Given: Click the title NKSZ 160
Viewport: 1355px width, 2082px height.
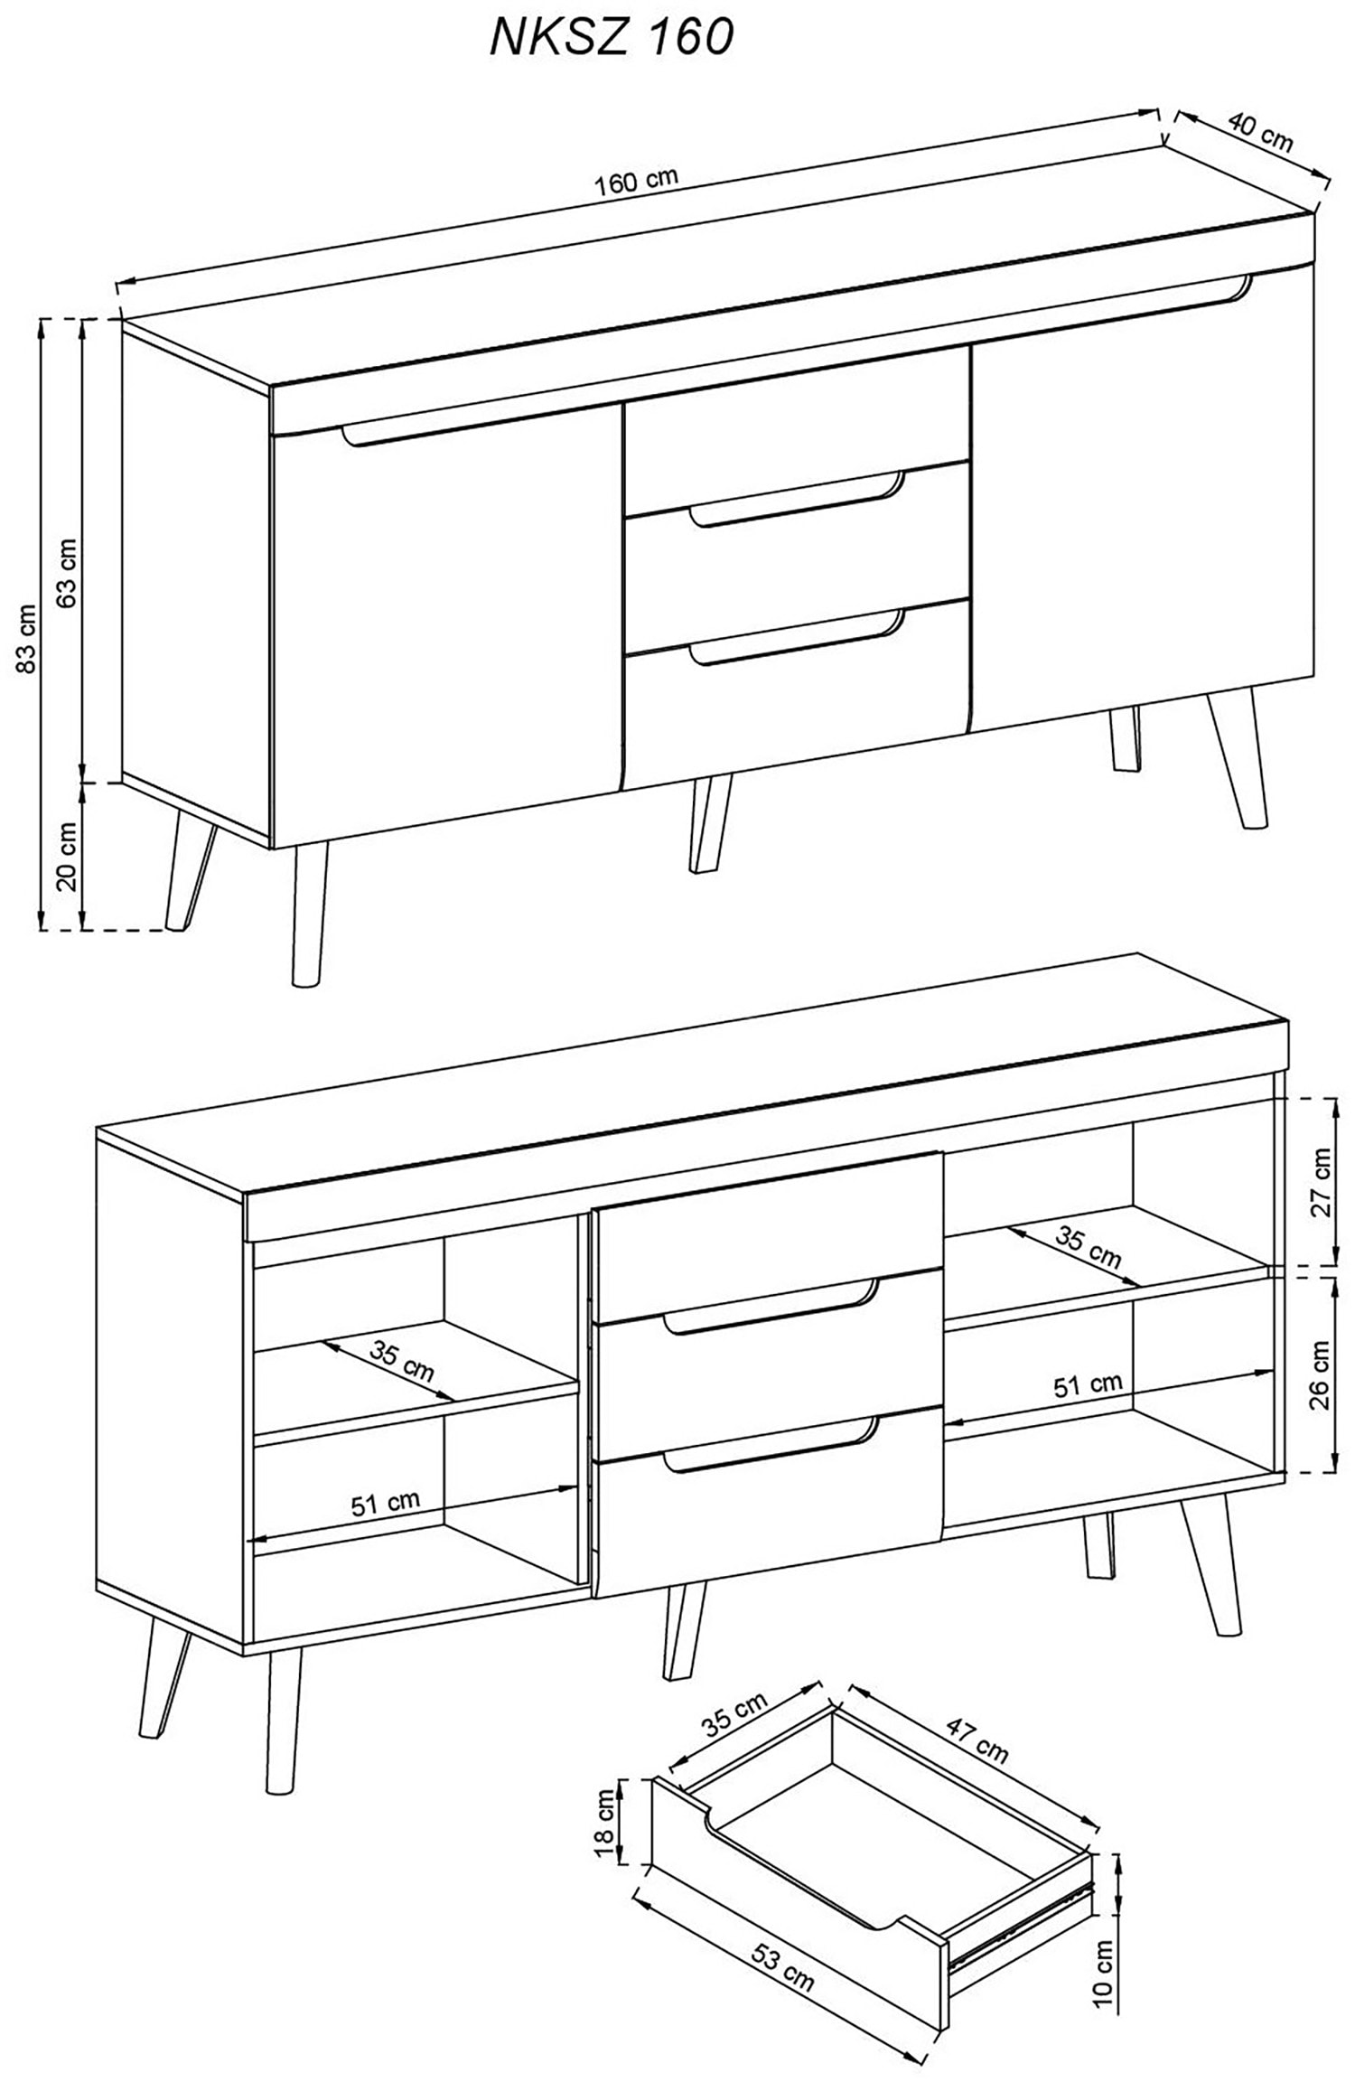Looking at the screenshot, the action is click(x=612, y=39).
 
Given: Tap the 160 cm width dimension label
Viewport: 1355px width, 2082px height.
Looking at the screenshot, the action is click(x=636, y=181).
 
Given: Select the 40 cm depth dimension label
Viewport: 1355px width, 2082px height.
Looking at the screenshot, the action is click(x=1260, y=133).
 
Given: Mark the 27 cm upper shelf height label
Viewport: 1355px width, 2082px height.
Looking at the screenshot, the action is click(x=1321, y=1183).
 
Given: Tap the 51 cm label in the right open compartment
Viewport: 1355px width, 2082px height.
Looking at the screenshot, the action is click(x=1088, y=1385).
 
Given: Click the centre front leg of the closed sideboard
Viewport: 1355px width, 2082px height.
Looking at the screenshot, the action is click(x=709, y=822).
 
